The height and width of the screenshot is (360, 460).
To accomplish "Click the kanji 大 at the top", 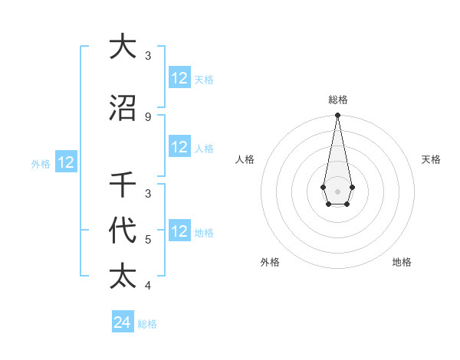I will [123, 47].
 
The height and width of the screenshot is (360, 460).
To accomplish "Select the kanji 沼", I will [123, 108].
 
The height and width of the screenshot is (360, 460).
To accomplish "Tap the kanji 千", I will [123, 185].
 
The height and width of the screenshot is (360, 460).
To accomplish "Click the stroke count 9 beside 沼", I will [148, 116].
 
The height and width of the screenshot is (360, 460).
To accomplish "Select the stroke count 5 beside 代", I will [148, 240].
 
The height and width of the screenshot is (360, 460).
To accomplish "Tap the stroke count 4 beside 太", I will [148, 286].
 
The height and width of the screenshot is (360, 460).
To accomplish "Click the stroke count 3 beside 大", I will [148, 56].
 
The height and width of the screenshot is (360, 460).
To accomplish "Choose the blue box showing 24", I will [123, 322].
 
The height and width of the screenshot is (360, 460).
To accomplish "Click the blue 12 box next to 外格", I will [66, 162].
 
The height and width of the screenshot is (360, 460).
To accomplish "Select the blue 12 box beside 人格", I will [179, 147].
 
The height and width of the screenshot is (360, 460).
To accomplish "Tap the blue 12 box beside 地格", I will [179, 231].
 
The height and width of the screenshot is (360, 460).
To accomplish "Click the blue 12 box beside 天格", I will [179, 78].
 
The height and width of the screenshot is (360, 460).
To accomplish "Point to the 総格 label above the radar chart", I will [337, 100].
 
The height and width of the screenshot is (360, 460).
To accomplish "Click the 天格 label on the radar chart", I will [431, 159].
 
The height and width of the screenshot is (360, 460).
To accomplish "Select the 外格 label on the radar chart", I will [270, 262].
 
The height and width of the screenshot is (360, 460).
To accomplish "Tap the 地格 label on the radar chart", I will [402, 262].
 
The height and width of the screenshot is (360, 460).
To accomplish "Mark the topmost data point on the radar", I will [337, 116].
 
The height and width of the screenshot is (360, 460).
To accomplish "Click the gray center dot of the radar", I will [337, 191].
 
